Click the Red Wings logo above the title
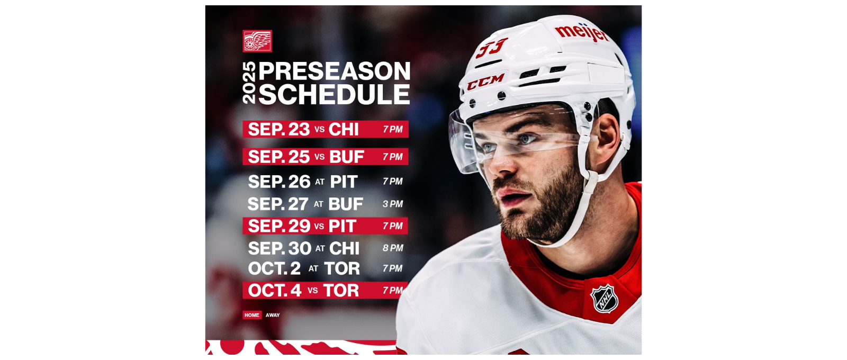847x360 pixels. tap(257, 41)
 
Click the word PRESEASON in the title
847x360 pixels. tap(335, 71)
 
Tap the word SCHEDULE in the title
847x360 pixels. tap(335, 95)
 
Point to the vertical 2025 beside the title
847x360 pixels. tap(249, 83)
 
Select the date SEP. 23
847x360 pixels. tap(278, 129)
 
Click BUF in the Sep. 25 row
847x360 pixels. tap(347, 157)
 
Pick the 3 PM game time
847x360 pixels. tap(393, 204)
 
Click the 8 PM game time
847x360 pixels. tap(393, 248)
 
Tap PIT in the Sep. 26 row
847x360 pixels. tap(344, 182)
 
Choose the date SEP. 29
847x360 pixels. tap(279, 226)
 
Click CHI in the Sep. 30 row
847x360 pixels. tap(344, 248)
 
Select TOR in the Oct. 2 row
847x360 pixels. tap(342, 268)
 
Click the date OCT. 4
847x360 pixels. tap(274, 290)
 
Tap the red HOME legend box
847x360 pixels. tap(252, 315)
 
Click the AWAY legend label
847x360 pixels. tap(273, 315)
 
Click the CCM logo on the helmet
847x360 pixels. tap(486, 82)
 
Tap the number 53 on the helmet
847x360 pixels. tap(491, 48)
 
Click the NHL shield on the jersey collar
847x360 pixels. tap(605, 299)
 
